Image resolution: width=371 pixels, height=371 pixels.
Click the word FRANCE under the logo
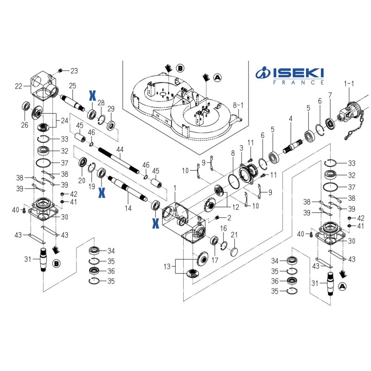coord(297,83)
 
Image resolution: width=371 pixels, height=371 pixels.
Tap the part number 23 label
coord(74,71)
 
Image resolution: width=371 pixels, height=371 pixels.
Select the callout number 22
coord(19,86)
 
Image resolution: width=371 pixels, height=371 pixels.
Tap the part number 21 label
coord(234,235)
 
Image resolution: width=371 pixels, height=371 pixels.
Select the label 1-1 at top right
coord(349,83)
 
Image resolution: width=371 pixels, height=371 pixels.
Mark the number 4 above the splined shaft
coord(291,119)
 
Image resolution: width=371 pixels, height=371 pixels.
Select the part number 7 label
coord(330,95)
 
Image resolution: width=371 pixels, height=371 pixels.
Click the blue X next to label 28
coord(92,96)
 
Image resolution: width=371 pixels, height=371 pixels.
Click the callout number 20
coord(82,180)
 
